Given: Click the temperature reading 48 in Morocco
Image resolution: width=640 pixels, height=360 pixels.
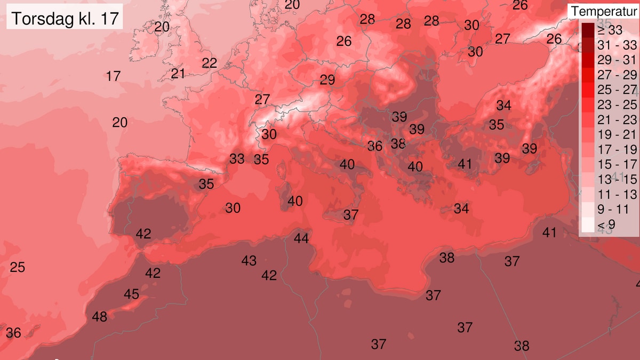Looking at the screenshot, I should (100, 317).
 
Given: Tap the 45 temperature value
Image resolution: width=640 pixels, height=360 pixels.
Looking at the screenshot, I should (132, 294).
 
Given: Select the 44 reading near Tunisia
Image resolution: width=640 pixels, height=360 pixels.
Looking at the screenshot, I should (301, 238).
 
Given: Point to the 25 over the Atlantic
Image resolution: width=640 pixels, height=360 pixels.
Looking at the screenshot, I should (18, 267).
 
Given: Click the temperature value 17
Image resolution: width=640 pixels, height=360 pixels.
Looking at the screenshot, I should (113, 76).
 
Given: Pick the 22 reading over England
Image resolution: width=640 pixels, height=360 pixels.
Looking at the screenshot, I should (210, 63).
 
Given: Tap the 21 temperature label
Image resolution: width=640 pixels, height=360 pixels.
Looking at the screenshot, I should (178, 74).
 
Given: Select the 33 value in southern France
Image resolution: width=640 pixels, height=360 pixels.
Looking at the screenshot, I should (237, 159).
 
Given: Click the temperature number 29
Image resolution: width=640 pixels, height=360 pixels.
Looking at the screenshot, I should (327, 81).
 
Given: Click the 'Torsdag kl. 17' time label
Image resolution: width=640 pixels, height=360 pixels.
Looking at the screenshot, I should (65, 19).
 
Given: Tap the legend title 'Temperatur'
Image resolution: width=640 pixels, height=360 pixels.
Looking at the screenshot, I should (604, 11).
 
